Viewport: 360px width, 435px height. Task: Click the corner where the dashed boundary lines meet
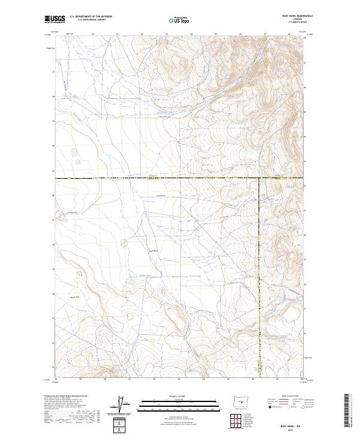259,178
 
